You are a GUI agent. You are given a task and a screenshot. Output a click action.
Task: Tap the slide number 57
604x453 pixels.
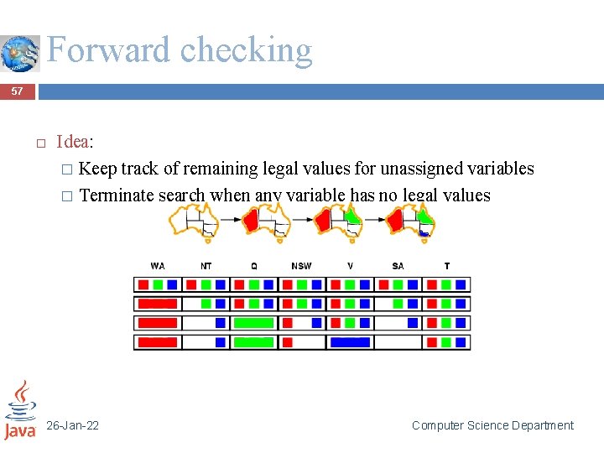click(18, 91)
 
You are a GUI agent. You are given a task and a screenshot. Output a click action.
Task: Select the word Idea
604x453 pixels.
click(72, 142)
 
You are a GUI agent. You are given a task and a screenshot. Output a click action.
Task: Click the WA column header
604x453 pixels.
click(158, 266)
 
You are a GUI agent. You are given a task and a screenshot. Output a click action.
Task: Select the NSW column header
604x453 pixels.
click(301, 266)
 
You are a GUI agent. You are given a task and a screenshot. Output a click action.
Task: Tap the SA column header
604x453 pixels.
click(398, 266)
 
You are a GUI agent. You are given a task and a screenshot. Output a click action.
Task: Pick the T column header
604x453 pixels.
click(446, 266)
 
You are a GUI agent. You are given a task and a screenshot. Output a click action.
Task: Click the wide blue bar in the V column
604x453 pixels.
click(350, 342)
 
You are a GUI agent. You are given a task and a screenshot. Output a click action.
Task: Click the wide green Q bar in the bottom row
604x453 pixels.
click(253, 342)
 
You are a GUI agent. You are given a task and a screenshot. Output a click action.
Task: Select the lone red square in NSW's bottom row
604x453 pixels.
click(287, 342)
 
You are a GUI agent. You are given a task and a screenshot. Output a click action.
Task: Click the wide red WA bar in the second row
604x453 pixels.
click(157, 304)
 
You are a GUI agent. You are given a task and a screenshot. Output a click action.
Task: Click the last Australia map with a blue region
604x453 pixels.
click(411, 222)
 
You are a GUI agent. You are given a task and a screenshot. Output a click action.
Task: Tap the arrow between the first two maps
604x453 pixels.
click(229, 220)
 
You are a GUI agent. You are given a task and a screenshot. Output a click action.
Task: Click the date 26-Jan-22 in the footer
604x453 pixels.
click(72, 425)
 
